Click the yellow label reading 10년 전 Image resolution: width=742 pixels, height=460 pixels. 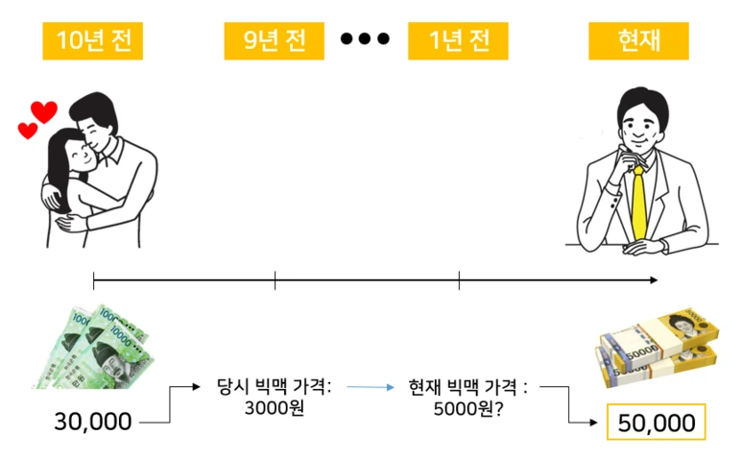click(x=92, y=41)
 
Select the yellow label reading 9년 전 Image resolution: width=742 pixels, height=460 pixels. click(x=275, y=41)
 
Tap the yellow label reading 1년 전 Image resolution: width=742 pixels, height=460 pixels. click(x=458, y=41)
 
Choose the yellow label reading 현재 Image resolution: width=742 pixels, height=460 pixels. click(x=638, y=41)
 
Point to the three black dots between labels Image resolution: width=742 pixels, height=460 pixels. click(x=366, y=39)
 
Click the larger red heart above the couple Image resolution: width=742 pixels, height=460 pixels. click(x=43, y=112)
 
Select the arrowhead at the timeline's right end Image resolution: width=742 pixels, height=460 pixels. click(x=654, y=280)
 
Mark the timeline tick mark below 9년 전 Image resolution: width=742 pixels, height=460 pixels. click(x=275, y=280)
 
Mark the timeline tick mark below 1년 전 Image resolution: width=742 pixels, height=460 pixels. click(x=459, y=280)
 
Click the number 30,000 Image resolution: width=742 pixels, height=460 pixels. click(x=93, y=421)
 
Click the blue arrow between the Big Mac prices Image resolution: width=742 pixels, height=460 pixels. click(x=371, y=387)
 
